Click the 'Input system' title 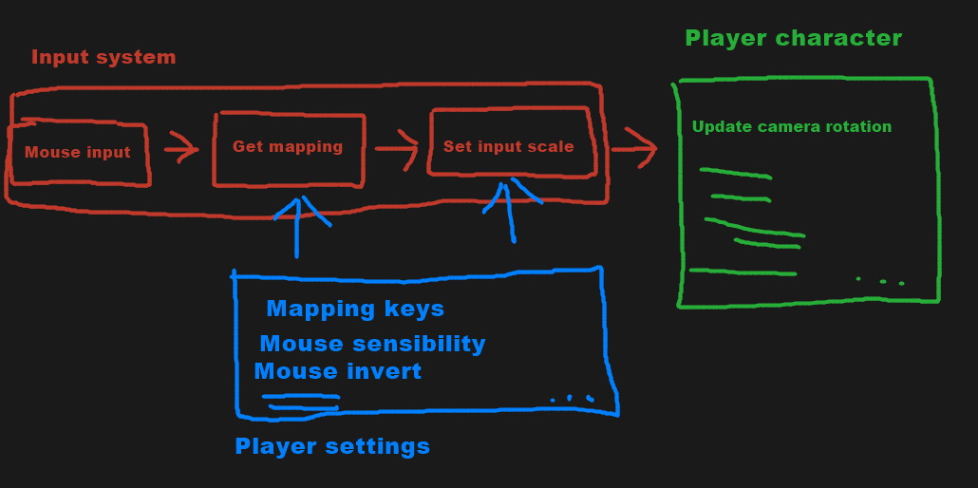pos(103,57)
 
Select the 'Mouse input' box pos(78,152)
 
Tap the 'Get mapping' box pos(288,147)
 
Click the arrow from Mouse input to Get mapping pos(180,149)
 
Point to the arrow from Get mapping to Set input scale pos(397,148)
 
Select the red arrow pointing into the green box pos(634,148)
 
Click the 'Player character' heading pos(793,38)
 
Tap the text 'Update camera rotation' pos(792,126)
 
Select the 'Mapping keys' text pos(355,309)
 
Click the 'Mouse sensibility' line pos(372,344)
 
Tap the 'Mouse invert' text pos(338,371)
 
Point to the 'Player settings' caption pos(332,446)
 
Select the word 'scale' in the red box pos(554,146)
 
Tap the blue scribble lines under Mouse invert pos(302,403)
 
